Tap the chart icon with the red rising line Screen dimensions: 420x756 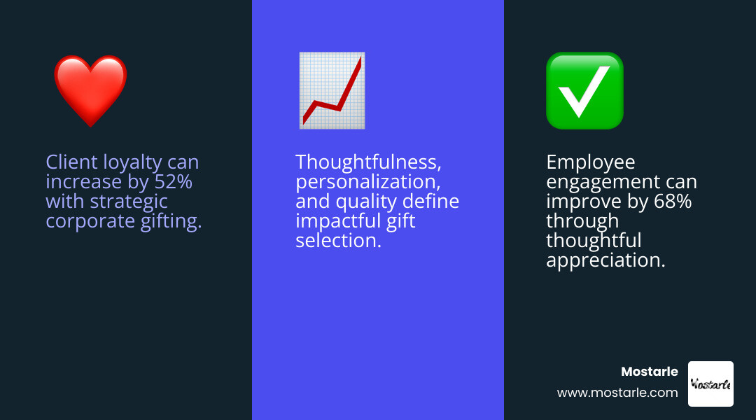point(331,90)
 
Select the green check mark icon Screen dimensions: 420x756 point(584,90)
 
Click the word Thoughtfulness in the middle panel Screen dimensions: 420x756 point(368,162)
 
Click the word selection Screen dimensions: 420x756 point(338,241)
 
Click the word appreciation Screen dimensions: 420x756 point(605,261)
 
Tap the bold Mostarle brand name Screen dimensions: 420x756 point(650,372)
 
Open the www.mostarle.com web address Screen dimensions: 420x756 point(617,393)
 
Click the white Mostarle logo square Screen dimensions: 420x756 point(710,384)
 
